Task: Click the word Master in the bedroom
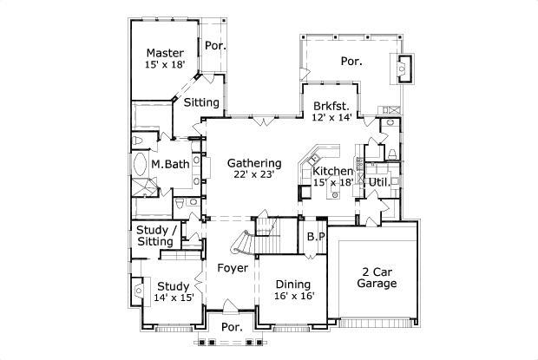click(x=164, y=53)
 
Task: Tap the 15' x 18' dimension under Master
click(x=164, y=65)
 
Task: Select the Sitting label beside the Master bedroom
click(x=201, y=102)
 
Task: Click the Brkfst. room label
click(x=332, y=106)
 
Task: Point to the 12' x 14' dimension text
click(x=332, y=118)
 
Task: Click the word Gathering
click(x=254, y=163)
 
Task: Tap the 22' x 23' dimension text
click(x=254, y=175)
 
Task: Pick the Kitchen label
click(x=332, y=172)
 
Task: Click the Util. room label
click(x=378, y=183)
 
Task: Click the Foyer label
click(x=233, y=268)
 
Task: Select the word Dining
click(x=293, y=284)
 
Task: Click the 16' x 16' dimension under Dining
click(x=293, y=296)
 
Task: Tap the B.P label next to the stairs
click(x=315, y=236)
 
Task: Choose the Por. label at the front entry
click(x=231, y=328)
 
